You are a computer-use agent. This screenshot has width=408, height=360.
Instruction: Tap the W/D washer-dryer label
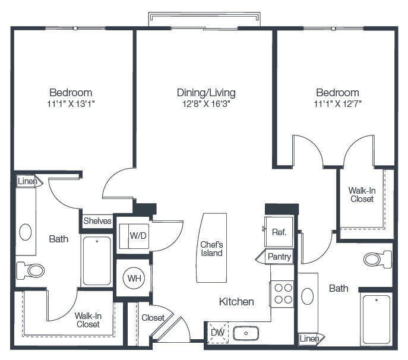click(x=138, y=236)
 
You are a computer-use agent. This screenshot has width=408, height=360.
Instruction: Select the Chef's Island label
click(x=211, y=249)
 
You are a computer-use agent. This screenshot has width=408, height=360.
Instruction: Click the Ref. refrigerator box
click(x=279, y=232)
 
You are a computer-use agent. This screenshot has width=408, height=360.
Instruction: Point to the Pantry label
click(x=279, y=257)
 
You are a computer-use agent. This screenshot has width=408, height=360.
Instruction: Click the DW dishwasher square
click(x=218, y=333)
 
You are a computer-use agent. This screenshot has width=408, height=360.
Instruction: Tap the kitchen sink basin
click(x=246, y=333)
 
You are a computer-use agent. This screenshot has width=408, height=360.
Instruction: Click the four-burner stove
click(x=282, y=294)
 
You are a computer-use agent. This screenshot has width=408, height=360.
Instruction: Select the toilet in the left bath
click(x=30, y=270)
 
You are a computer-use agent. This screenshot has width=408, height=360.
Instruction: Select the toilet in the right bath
click(x=378, y=259)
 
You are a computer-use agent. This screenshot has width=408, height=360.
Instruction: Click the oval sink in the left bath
click(x=26, y=232)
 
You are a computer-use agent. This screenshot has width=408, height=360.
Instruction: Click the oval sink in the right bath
click(x=307, y=296)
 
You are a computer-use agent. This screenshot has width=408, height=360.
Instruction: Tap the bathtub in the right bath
click(x=377, y=320)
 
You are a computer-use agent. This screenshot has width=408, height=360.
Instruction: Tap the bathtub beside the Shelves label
click(x=97, y=261)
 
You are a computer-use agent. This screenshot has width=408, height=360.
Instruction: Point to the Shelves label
click(x=97, y=221)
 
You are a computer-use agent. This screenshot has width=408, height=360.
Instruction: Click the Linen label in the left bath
click(x=27, y=181)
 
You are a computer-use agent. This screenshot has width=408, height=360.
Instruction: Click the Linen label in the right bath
click(x=309, y=339)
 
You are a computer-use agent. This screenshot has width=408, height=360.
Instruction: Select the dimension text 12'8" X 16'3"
click(x=206, y=104)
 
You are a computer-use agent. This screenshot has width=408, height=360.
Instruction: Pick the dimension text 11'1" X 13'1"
click(x=71, y=104)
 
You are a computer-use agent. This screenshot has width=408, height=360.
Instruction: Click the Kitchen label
click(x=236, y=302)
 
